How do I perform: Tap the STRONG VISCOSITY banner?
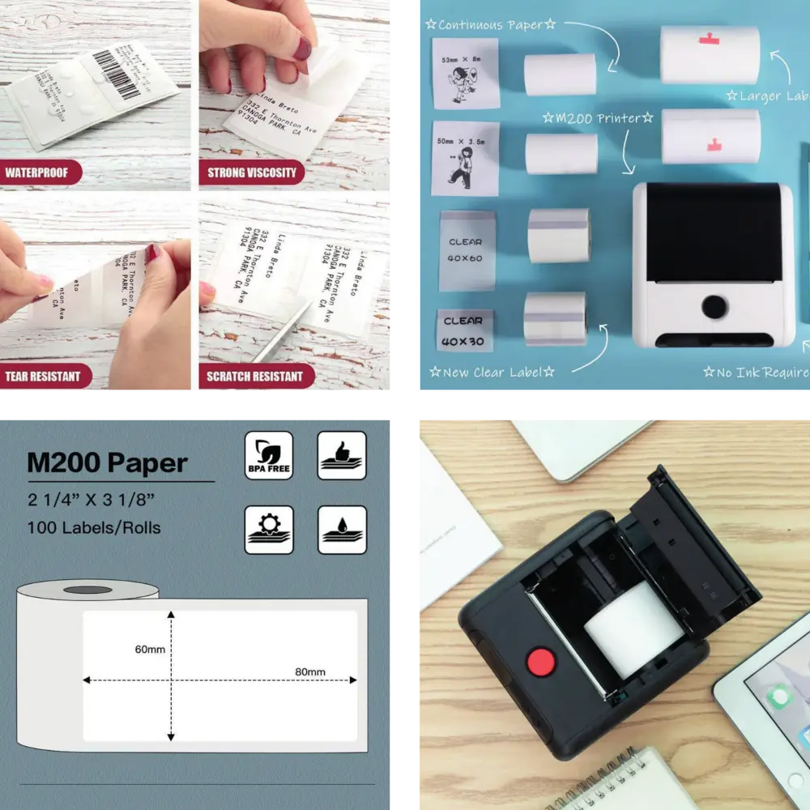click(x=252, y=173)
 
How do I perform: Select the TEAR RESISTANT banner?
click(x=43, y=376)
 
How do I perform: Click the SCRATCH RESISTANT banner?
click(x=254, y=376)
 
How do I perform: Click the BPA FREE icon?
click(x=268, y=455)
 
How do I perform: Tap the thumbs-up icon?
click(x=342, y=455)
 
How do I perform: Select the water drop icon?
click(x=342, y=530)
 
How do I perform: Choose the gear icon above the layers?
click(x=268, y=530)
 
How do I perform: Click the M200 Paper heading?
click(x=107, y=463)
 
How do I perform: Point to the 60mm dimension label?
click(x=151, y=650)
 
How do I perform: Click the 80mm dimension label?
click(x=309, y=671)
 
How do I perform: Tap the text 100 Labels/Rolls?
click(x=94, y=528)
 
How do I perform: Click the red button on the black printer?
click(x=541, y=662)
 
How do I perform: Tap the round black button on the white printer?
click(x=714, y=306)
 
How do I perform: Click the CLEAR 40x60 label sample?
click(x=466, y=250)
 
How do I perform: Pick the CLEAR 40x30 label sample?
click(x=464, y=330)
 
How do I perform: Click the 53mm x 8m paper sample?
click(x=464, y=73)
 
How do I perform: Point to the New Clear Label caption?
click(x=492, y=373)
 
